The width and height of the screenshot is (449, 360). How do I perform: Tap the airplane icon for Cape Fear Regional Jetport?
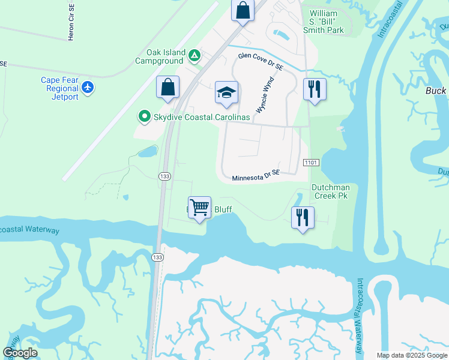pyautogui.click(x=88, y=88)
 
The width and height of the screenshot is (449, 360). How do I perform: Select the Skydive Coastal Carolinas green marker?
pyautogui.click(x=143, y=116)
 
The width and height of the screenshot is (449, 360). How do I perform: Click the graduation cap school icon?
pyautogui.click(x=226, y=93)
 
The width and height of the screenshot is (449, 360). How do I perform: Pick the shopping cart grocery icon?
pyautogui.click(x=199, y=208)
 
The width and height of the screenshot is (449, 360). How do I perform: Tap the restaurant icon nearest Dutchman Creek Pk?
pyautogui.click(x=303, y=217)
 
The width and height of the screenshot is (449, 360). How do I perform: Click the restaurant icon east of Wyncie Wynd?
pyautogui.click(x=315, y=89)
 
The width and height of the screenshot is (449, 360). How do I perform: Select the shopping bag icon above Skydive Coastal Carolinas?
pyautogui.click(x=168, y=87)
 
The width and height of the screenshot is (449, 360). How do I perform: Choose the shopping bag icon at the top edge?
pyautogui.click(x=243, y=11)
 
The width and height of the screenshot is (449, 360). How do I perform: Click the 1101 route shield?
pyautogui.click(x=311, y=162)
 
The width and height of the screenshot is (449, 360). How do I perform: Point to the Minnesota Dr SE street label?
pyautogui.click(x=256, y=175)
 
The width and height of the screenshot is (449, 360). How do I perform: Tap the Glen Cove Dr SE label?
pyautogui.click(x=260, y=59)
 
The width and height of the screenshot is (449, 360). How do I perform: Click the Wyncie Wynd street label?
pyautogui.click(x=265, y=95)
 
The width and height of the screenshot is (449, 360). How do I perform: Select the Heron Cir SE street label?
pyautogui.click(x=71, y=23)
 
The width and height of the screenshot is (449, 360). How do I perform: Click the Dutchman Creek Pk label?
pyautogui.click(x=330, y=191)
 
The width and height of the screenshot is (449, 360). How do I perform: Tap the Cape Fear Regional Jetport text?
pyautogui.click(x=60, y=88)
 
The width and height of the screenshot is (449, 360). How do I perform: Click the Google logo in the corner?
pyautogui.click(x=20, y=353)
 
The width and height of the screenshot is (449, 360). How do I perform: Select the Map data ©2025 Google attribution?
pyautogui.click(x=411, y=355)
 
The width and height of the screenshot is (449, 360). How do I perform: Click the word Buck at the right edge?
pyautogui.click(x=436, y=91)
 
